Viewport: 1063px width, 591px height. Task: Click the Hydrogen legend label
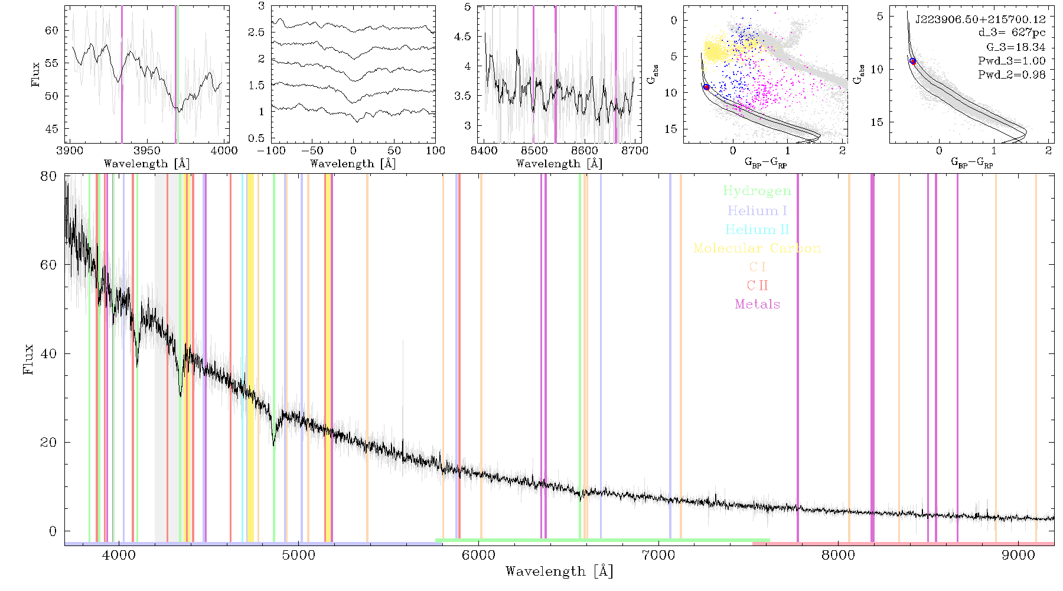(x=757, y=191)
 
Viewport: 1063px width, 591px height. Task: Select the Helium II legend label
(x=757, y=229)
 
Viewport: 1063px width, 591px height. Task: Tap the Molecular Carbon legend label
(x=757, y=248)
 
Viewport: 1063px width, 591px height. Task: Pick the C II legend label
(x=757, y=285)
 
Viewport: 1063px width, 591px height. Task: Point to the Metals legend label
(x=757, y=304)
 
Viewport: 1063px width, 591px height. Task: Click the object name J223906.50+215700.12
(x=980, y=20)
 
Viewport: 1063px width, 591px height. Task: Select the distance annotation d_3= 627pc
(x=1012, y=33)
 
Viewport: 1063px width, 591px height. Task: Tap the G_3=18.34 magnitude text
(x=1016, y=47)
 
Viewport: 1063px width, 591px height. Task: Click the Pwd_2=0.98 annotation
(x=1012, y=75)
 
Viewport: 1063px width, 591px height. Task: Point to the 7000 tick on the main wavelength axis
(x=658, y=556)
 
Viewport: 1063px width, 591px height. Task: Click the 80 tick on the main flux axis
(x=49, y=176)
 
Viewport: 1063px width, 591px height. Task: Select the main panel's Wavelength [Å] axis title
(x=559, y=571)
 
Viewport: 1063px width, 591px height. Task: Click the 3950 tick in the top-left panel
(x=147, y=151)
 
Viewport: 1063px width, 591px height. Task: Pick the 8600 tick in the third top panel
(x=584, y=151)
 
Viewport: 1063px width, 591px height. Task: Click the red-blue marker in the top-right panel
(x=912, y=61)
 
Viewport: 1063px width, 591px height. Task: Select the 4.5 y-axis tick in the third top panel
(x=463, y=37)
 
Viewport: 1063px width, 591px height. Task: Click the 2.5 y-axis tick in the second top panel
(x=256, y=33)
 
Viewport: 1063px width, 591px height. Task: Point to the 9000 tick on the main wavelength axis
(x=1018, y=556)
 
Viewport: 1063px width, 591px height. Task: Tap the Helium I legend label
(x=757, y=210)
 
